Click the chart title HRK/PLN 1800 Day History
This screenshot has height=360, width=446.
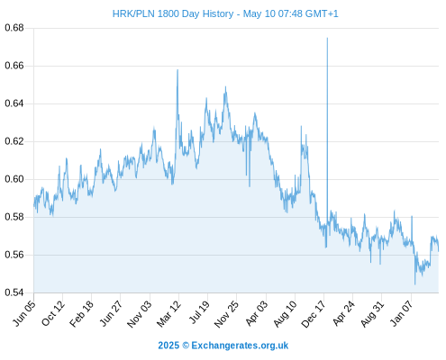coord(173,13)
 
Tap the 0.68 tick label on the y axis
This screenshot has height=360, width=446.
coord(14,28)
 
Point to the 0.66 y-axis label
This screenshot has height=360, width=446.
coord(14,66)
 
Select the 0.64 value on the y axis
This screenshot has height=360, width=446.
coord(14,103)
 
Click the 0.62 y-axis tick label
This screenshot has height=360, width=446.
coord(14,141)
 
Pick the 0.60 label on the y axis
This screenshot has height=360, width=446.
coord(14,179)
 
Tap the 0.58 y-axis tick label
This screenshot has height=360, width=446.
coord(14,217)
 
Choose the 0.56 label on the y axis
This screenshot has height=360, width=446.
coord(14,255)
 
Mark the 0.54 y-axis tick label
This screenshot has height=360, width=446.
coord(14,292)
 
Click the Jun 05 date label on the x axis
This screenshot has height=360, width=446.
coord(24,313)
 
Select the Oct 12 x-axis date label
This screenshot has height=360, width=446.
coord(53,313)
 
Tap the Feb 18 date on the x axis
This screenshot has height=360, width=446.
coord(81,313)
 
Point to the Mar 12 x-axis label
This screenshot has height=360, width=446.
coord(168,313)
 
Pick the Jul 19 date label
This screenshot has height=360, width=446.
coord(199,312)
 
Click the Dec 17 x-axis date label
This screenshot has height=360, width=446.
coord(314,314)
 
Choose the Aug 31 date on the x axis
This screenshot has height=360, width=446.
coord(372,314)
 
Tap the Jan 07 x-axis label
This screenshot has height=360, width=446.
coord(402,313)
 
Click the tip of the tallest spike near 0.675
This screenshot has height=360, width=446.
coord(327,38)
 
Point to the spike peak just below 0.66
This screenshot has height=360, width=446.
coord(177,70)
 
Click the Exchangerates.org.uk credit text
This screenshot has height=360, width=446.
coord(240,346)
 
